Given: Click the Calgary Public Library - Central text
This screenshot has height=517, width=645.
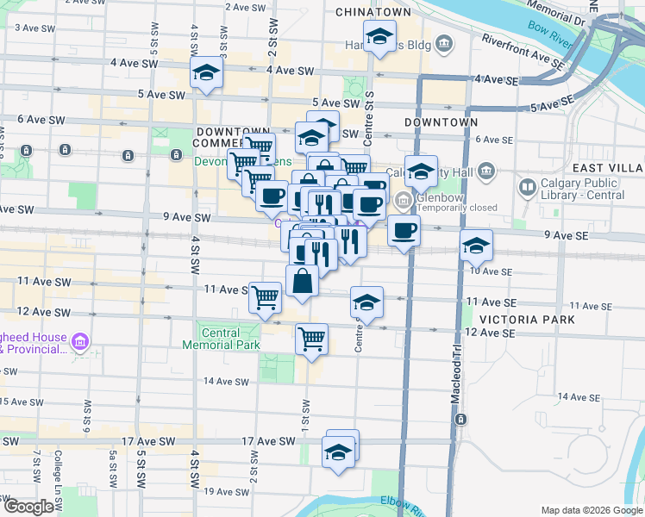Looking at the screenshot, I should (579, 189).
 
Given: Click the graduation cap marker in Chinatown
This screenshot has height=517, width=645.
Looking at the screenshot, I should (378, 38).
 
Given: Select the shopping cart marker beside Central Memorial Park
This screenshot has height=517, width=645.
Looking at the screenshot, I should (311, 338).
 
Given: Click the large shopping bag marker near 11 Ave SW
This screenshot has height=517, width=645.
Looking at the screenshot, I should (302, 281).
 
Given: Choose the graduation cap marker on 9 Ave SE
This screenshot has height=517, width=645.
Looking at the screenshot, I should (476, 246).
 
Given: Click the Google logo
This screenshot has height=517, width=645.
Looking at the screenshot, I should (28, 507).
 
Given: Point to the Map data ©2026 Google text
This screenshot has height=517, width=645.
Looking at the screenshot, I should (591, 510).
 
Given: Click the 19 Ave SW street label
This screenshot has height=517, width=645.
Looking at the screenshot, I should (206, 491).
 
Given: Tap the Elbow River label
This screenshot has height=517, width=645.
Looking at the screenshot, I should (402, 508).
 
